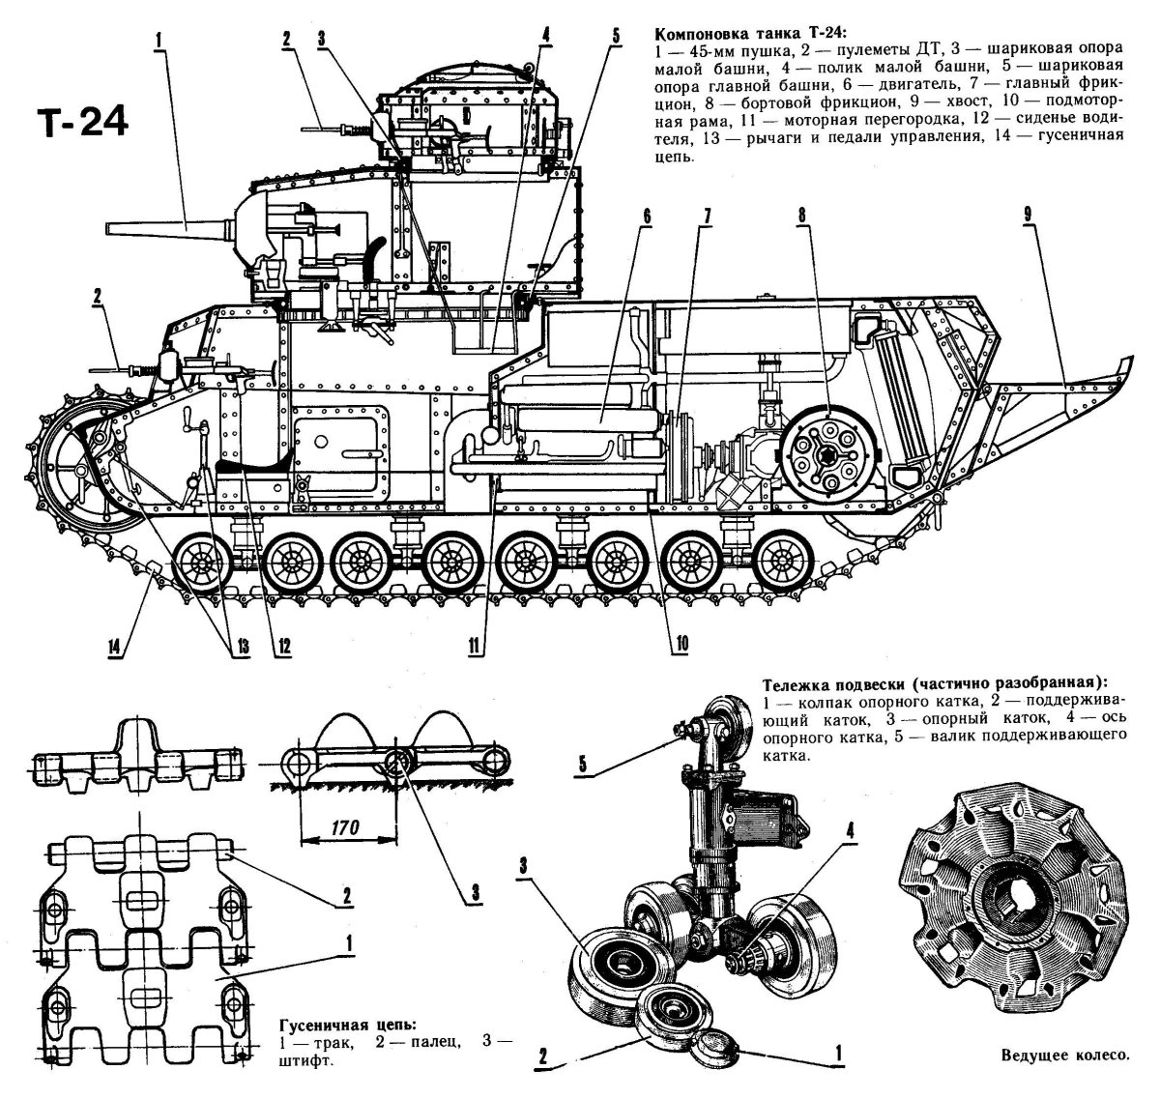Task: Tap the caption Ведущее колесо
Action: point(1063,1056)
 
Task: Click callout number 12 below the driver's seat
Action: point(282,646)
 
